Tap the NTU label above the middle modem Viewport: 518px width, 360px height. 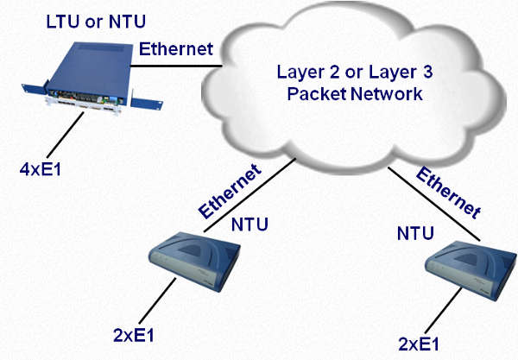click(251, 225)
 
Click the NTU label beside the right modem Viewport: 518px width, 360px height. click(414, 233)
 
